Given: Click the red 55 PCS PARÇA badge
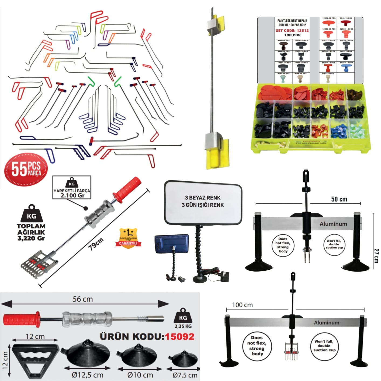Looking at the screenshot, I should (26, 169).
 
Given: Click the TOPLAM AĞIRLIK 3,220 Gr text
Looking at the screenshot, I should (31, 232).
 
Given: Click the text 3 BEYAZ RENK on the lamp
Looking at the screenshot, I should (203, 198).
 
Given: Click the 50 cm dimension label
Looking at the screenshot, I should (339, 199).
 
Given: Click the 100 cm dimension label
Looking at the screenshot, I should (243, 305).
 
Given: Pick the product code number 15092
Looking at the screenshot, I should (179, 337).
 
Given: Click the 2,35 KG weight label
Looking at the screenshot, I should (183, 326).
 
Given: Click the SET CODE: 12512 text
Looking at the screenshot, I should (292, 31).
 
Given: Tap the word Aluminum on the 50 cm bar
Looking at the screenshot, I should (333, 224).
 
